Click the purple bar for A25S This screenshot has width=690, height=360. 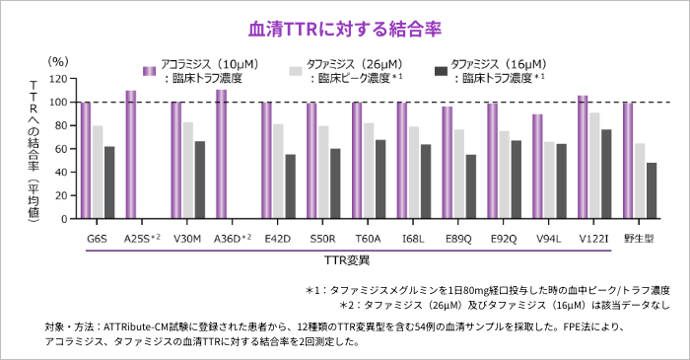pos(130,154)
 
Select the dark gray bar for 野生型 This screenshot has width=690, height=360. pos(652,190)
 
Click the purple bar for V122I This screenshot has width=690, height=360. pos(582,157)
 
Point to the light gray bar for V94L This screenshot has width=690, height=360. pos(548,180)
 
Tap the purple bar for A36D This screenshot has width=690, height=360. pos(221,154)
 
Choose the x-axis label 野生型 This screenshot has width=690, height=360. pos(640,239)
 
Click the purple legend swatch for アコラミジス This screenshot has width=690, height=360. pos(150,71)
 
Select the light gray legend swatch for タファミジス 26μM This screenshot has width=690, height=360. pos(295,71)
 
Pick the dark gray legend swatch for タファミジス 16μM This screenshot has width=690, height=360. pos(441,71)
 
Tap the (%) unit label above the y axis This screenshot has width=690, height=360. pos(59,61)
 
